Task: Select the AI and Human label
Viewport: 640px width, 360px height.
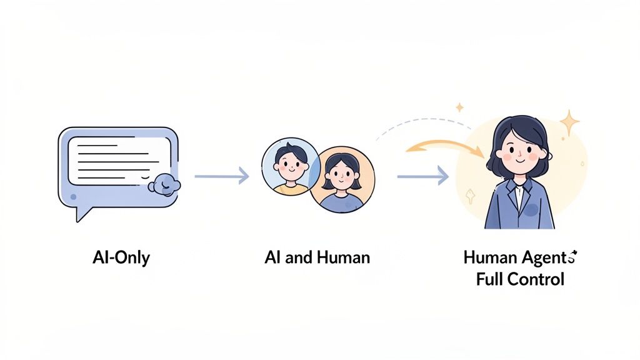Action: pyautogui.click(x=317, y=257)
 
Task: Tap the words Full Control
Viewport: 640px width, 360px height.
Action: pyautogui.click(x=520, y=279)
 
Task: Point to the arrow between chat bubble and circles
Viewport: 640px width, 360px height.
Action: pyautogui.click(x=221, y=176)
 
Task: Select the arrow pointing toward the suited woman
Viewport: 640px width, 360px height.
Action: pyautogui.click(x=422, y=177)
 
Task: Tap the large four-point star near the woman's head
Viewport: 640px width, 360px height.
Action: pyautogui.click(x=569, y=122)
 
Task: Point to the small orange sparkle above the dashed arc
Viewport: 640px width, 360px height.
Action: pyautogui.click(x=459, y=107)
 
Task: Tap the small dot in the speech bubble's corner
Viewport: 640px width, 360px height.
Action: pyautogui.click(x=74, y=196)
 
